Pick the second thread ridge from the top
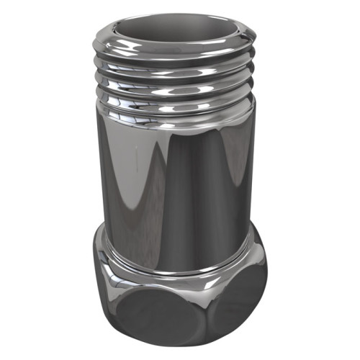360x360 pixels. click(x=176, y=71)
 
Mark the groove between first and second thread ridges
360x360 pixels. click(x=176, y=62)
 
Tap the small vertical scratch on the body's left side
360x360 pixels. click(x=135, y=155)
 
